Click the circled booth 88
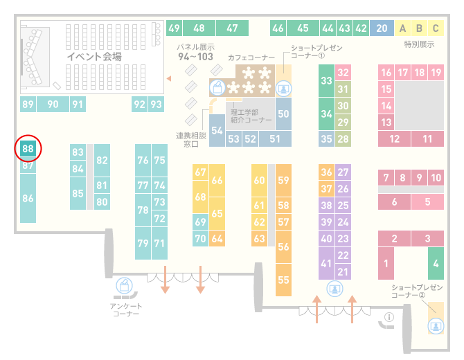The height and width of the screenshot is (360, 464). tap(28, 148)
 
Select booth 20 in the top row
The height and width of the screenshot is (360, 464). tap(382, 28)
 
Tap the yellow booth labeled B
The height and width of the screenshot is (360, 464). tap(419, 28)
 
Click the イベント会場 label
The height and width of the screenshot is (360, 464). tap(94, 56)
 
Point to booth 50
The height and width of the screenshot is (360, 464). tap(283, 114)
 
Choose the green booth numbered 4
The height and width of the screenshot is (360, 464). tap(436, 264)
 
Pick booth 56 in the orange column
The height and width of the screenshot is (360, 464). tap(283, 246)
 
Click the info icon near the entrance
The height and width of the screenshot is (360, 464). tap(389, 317)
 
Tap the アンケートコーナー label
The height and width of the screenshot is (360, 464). tap(126, 309)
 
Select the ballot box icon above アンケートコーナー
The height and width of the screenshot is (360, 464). tap(124, 286)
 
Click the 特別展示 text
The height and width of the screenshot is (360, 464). tap(419, 44)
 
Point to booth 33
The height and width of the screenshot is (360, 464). tap(326, 80)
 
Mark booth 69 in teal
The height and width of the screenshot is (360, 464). tap(200, 222)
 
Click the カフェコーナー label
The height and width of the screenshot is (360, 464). tap(251, 57)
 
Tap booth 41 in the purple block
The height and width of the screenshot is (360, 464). tap(326, 264)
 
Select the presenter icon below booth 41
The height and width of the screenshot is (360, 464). tap(334, 289)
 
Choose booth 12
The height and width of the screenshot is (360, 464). tap(394, 138)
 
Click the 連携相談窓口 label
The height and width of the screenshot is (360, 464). tap(191, 140)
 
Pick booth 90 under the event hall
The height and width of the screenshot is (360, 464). tap(53, 104)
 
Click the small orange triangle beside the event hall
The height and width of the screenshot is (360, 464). tap(169, 78)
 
